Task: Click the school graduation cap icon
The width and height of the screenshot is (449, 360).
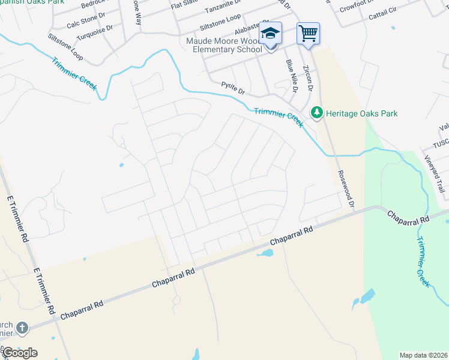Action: [271, 33]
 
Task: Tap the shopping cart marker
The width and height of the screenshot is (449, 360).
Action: [308, 32]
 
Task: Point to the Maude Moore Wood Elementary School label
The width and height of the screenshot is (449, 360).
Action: [228, 45]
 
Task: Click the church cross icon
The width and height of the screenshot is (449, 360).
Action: [22, 328]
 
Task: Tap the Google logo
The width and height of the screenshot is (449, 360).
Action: [20, 353]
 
